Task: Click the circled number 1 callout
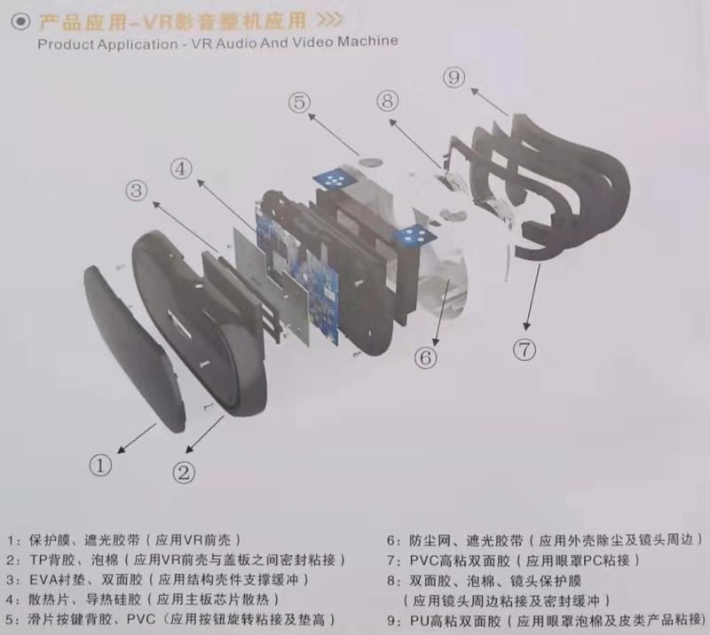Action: pos(101,463)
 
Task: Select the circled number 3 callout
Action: pos(136,190)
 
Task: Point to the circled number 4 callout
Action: pos(181,168)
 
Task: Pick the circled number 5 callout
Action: pos(300,103)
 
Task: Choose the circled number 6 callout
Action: pos(426,357)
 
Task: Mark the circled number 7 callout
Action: pos(525,349)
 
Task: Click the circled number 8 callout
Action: pos(386,101)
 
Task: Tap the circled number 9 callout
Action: pos(454,79)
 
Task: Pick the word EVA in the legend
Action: pos(44,580)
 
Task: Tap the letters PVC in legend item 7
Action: pos(424,561)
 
